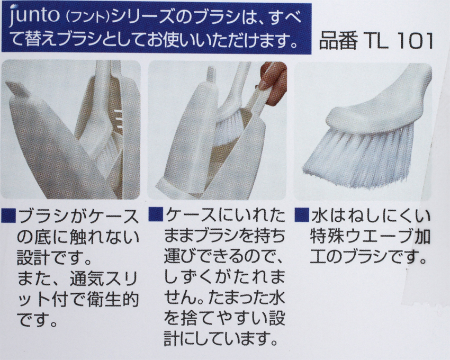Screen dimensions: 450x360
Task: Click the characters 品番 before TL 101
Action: click(338, 42)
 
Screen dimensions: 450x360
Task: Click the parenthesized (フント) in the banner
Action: click(88, 19)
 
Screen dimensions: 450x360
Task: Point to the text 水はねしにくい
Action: click(370, 216)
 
